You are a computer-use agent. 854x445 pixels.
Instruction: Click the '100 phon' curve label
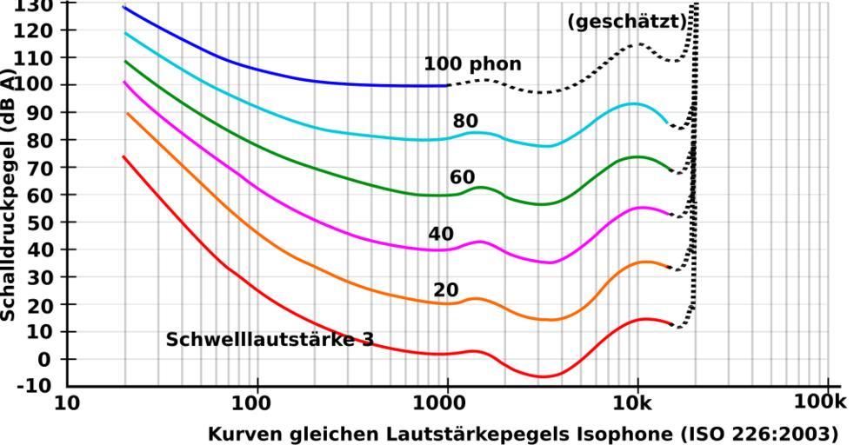coord(472,64)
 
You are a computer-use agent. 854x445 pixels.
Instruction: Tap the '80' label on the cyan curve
coord(465,121)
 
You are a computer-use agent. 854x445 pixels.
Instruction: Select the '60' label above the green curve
coord(462,177)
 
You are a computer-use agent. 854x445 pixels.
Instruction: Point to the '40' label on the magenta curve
coord(441,234)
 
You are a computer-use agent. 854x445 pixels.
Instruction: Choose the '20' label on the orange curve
coord(445,289)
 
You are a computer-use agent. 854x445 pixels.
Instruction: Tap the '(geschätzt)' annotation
coord(627,22)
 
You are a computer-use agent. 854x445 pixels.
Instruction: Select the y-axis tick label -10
coord(35,386)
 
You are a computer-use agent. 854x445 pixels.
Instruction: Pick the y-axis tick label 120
coord(35,30)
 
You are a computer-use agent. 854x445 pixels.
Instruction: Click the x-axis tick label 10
coord(67,403)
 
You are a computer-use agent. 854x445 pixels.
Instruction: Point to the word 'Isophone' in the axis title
coord(633,433)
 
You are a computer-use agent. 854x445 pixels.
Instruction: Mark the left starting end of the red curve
coord(123,156)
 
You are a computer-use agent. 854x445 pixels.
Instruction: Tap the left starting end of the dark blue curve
coord(123,7)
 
